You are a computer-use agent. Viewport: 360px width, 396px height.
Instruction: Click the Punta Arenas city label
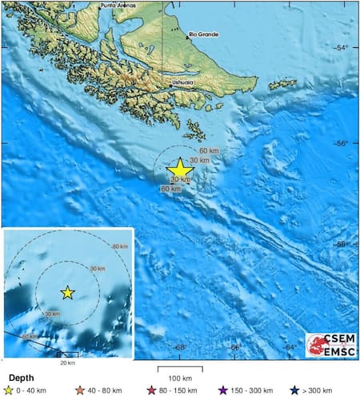(x=117, y=6)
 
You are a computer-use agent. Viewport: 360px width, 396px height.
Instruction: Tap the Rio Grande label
(x=206, y=34)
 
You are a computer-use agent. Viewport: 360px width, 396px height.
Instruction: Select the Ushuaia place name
(x=182, y=82)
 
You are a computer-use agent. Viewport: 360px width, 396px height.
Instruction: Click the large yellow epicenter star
(x=180, y=168)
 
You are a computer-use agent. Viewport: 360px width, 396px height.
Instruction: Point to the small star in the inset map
(x=68, y=293)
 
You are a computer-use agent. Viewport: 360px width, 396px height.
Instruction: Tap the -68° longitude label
(x=180, y=347)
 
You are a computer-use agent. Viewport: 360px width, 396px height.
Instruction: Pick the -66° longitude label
(x=237, y=347)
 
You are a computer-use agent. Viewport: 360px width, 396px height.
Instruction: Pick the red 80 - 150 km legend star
(x=150, y=390)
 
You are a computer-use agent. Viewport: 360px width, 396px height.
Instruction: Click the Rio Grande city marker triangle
(x=190, y=34)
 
